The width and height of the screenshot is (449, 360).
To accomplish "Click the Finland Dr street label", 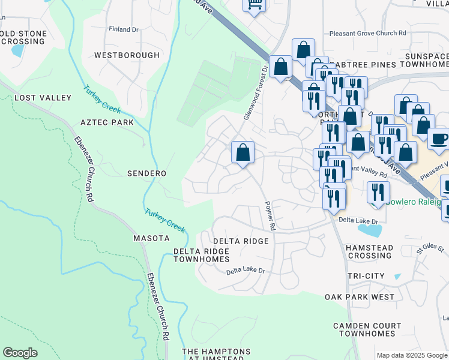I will tap(124, 29).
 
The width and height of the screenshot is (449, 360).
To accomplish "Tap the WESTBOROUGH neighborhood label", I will tap(127, 55).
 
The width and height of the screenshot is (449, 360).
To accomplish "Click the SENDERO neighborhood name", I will tap(146, 173).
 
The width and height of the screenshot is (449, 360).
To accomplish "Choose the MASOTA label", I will tap(151, 238).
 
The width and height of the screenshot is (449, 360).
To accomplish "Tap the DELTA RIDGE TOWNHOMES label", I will tap(202, 255).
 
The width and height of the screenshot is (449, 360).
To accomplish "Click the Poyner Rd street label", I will tap(270, 216).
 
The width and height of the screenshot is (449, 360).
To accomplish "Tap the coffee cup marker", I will tap(439, 139).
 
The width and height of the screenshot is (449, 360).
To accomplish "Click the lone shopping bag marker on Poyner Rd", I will tap(243, 153).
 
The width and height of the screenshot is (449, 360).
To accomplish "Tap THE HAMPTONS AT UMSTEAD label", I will tap(216, 355).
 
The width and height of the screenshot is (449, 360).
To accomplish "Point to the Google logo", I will tap(20, 353).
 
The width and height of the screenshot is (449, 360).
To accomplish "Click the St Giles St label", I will tap(430, 248).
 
